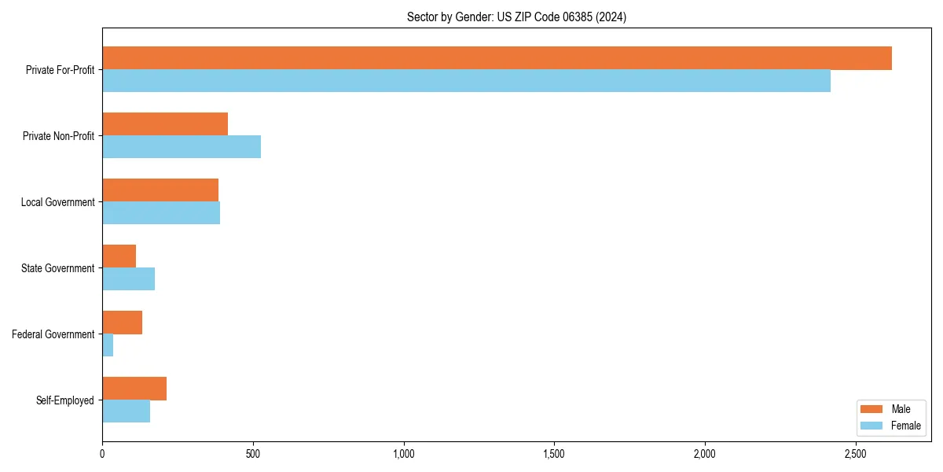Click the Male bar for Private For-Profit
[x=497, y=58]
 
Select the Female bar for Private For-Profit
[x=466, y=81]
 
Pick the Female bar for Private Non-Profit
[x=182, y=147]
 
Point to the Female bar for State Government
[x=128, y=279]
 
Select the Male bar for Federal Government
[x=122, y=323]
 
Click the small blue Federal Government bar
[x=108, y=345]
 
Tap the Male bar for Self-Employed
[x=134, y=389]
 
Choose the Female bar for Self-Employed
[x=126, y=411]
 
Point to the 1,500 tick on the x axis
[x=554, y=454]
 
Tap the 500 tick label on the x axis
[x=252, y=454]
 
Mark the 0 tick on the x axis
[x=102, y=454]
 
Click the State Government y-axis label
[x=57, y=268]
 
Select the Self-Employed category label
[x=64, y=400]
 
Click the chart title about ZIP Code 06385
[x=516, y=17]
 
